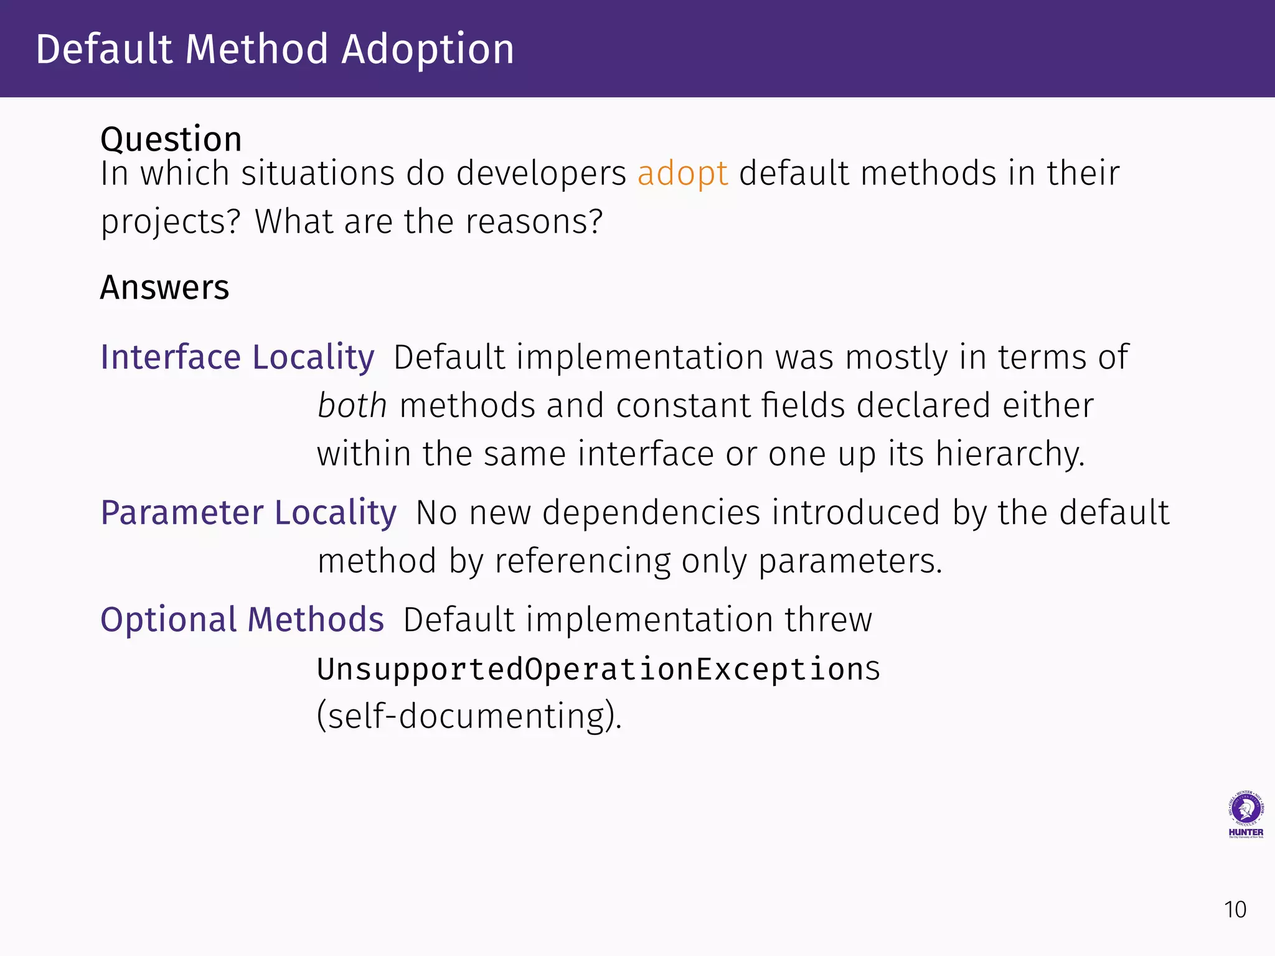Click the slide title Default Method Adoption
(x=275, y=49)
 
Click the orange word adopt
(x=682, y=174)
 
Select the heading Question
(x=171, y=139)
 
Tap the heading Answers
(x=165, y=288)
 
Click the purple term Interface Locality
(x=237, y=357)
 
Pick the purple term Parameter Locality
(x=248, y=513)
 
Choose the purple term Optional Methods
(x=242, y=620)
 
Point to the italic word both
(x=352, y=406)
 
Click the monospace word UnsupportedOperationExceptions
(x=598, y=670)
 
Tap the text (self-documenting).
(x=469, y=716)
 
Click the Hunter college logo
(x=1245, y=815)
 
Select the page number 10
(x=1235, y=910)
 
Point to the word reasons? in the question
(x=534, y=222)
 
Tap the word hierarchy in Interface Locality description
(x=1010, y=454)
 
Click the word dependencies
(x=651, y=513)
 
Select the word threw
(x=828, y=620)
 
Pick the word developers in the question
(x=541, y=174)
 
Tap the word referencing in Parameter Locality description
(x=582, y=561)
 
